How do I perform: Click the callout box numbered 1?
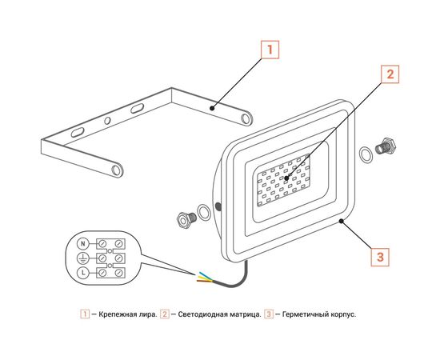pos(270,50)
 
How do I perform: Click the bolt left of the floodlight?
pos(186,217)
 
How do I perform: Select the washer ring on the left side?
pos(205,213)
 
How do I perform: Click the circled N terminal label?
pos(82,242)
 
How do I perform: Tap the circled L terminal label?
pos(82,274)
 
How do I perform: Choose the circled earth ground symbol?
pos(82,258)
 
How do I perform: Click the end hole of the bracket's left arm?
pos(117,170)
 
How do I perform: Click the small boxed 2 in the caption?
pos(164,314)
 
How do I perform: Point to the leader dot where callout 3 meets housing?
pos(342,218)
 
